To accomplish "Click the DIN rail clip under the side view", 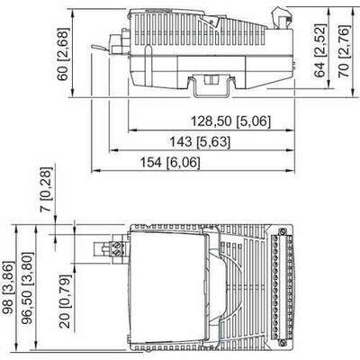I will pyautogui.click(x=208, y=86).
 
